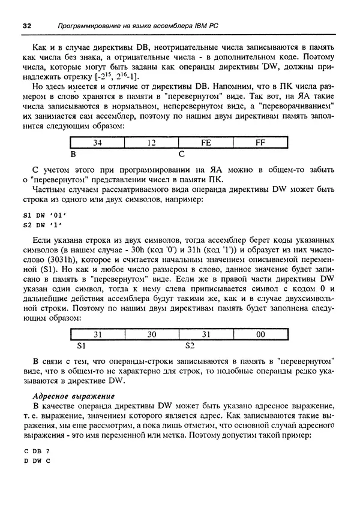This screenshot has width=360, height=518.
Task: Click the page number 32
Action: (x=26, y=26)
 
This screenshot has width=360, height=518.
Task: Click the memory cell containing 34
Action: (x=97, y=143)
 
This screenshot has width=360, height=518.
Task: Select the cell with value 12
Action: (x=151, y=143)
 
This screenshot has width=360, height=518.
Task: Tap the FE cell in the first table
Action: (x=206, y=143)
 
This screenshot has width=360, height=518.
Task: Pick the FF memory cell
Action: (x=260, y=143)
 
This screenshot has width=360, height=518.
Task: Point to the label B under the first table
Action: (x=73, y=153)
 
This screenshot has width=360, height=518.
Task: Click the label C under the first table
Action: (x=181, y=153)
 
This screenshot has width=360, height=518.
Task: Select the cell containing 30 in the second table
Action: (x=151, y=335)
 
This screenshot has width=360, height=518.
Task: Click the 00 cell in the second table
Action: (x=260, y=335)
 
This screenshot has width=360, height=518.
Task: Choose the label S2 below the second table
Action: (x=190, y=346)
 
